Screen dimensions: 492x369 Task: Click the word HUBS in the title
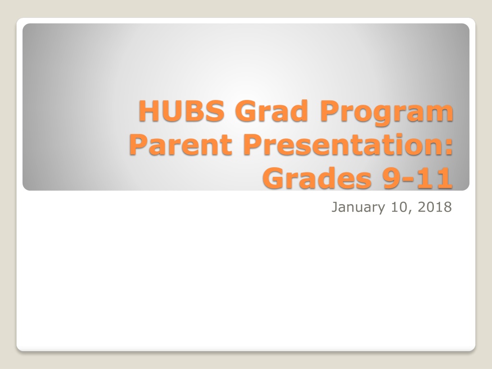pos(181,111)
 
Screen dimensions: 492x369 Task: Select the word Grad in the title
pos(271,111)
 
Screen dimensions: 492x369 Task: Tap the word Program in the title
pos(387,113)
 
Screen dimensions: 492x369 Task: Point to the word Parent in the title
pos(181,145)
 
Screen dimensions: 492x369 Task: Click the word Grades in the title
pos(318,178)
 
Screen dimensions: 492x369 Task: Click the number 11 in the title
pos(435,178)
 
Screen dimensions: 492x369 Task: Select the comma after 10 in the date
pos(410,212)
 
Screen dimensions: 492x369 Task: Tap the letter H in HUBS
pos(149,111)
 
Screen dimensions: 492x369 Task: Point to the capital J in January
pos(335,208)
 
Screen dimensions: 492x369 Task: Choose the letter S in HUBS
pos(215,111)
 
